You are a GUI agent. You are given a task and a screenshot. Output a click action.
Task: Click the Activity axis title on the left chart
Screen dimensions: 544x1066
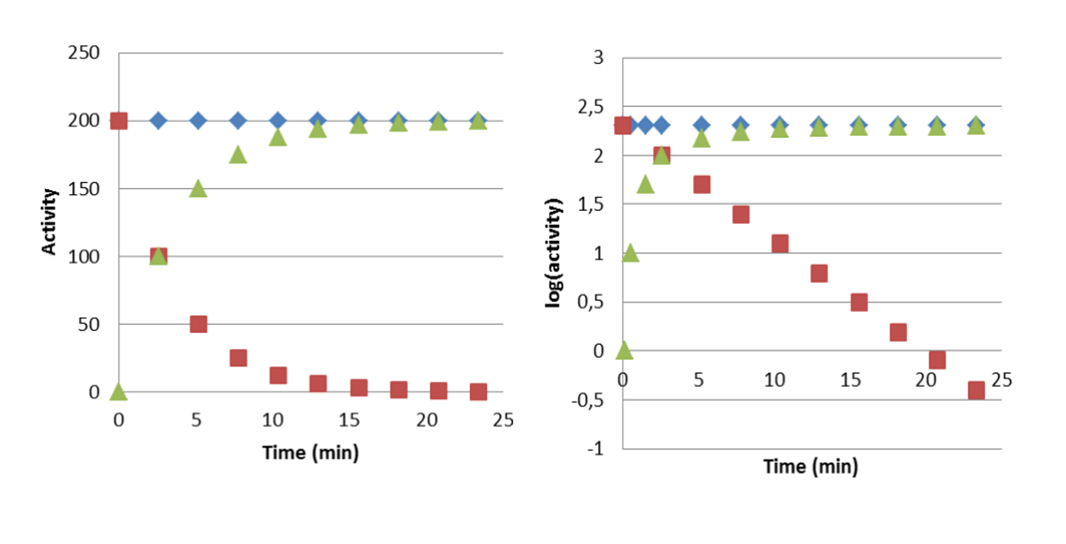coord(49,222)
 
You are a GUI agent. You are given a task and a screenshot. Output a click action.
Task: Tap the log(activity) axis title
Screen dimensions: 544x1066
coord(553,253)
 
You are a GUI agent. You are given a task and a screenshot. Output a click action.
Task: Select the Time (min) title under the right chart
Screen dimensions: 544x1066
coord(811,467)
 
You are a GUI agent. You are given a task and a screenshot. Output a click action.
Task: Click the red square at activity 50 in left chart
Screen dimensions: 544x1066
coord(198,324)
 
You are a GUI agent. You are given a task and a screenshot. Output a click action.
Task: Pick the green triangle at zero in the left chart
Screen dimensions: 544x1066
coord(118,392)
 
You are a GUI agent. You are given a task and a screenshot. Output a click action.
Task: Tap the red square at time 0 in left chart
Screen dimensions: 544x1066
coord(119,121)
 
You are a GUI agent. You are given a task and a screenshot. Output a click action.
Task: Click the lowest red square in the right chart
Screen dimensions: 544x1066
coord(976,390)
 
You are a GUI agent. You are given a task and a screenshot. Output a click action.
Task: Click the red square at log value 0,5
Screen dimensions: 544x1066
coord(859,302)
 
